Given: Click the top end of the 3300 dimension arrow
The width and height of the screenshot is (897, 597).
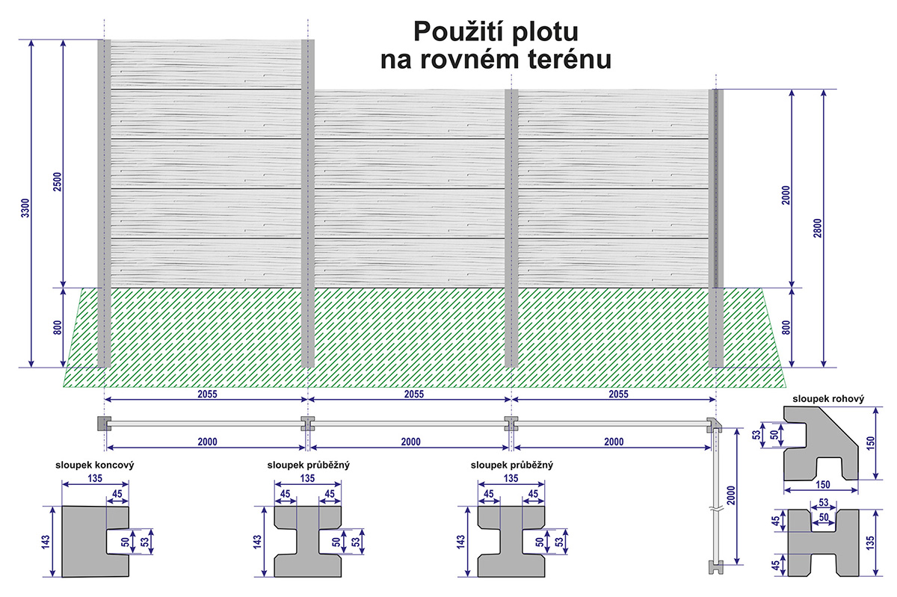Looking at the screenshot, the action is pyautogui.click(x=31, y=40).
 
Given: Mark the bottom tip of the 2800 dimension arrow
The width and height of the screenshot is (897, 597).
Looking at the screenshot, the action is pyautogui.click(x=824, y=367).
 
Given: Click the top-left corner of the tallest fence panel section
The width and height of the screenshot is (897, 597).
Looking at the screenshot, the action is pyautogui.click(x=111, y=40).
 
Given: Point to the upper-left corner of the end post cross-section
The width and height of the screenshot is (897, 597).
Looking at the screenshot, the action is pyautogui.click(x=62, y=507).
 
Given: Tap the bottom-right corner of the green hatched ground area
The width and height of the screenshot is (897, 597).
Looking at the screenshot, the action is pyautogui.click(x=786, y=387).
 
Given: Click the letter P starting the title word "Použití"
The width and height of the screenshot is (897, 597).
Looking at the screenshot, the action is pyautogui.click(x=422, y=31).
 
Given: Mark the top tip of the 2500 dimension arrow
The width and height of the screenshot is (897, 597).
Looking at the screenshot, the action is pyautogui.click(x=64, y=40).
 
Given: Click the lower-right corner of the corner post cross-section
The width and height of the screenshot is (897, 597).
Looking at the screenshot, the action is pyautogui.click(x=858, y=480).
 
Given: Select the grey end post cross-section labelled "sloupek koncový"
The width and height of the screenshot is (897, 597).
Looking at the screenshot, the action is pyautogui.click(x=96, y=542).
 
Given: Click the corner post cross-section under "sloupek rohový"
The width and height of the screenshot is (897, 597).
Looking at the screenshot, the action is pyautogui.click(x=821, y=443).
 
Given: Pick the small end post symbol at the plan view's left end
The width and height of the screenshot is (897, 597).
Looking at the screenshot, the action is pyautogui.click(x=104, y=424).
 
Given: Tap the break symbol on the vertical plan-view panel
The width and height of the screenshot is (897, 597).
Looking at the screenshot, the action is pyautogui.click(x=716, y=510).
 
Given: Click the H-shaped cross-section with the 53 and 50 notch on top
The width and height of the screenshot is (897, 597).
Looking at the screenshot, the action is pyautogui.click(x=823, y=543).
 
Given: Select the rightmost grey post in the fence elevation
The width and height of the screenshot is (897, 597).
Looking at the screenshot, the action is pyautogui.click(x=716, y=228).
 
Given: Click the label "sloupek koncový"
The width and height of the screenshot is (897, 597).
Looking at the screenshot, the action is pyautogui.click(x=95, y=465).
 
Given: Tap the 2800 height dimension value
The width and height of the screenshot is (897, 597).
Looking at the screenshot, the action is pyautogui.click(x=817, y=228).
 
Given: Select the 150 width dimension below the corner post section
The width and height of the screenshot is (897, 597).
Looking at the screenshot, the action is pyautogui.click(x=822, y=485).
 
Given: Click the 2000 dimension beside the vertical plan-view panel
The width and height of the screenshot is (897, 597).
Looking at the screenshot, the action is pyautogui.click(x=731, y=495).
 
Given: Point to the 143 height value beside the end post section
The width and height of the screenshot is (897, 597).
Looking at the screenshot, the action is pyautogui.click(x=46, y=542).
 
